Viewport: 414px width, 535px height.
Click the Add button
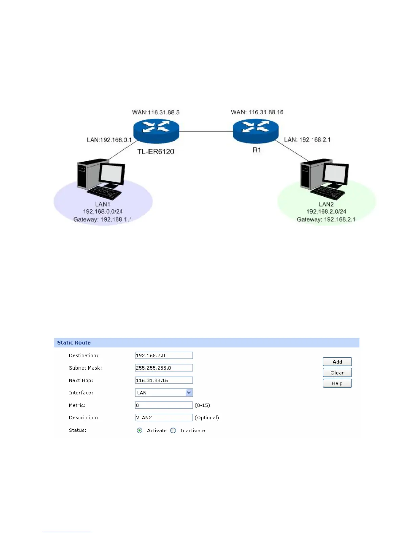tap(337, 362)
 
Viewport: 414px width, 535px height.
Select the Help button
tap(337, 383)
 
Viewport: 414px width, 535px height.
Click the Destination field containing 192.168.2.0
tap(164, 355)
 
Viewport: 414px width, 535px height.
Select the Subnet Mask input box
tap(164, 368)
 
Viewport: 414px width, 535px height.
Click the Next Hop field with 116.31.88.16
tap(164, 380)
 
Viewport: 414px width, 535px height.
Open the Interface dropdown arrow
tap(189, 392)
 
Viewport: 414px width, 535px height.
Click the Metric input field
tap(164, 405)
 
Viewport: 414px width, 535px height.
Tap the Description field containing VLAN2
tap(164, 418)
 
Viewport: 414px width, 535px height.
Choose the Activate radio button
tap(140, 431)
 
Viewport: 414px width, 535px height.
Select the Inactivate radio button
tap(173, 431)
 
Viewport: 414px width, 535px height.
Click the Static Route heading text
tap(74, 342)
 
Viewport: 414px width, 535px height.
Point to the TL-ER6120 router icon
tap(156, 131)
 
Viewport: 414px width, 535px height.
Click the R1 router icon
tap(256, 131)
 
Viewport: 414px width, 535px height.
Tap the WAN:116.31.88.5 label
tap(156, 112)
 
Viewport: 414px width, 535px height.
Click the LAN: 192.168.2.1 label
tap(307, 139)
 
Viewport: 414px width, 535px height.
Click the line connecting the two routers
tap(206, 131)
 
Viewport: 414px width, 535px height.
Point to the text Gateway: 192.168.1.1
tap(102, 219)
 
